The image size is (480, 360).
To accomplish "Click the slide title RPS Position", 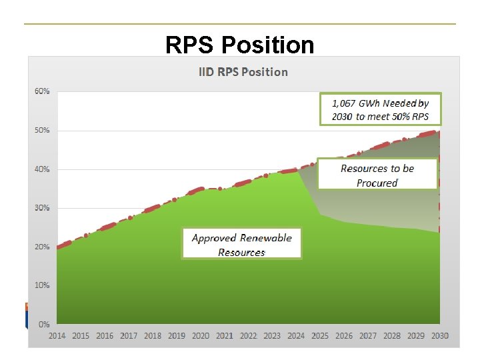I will click(x=240, y=45).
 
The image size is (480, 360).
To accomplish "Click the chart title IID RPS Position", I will click(x=243, y=72).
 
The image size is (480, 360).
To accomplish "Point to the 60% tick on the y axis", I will click(x=42, y=91).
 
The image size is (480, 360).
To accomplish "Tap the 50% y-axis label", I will click(x=42, y=130).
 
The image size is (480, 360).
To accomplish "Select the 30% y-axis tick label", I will click(x=42, y=208).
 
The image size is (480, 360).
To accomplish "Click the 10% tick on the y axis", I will click(x=42, y=285).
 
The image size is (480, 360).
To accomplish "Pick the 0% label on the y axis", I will click(x=44, y=324).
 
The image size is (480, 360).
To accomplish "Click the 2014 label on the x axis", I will click(x=57, y=336).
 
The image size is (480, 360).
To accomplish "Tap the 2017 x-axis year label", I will click(x=129, y=336).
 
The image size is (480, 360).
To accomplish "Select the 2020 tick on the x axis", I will click(x=201, y=336).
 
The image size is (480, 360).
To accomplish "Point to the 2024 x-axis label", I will click(x=296, y=336).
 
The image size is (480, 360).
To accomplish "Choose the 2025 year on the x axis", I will click(x=320, y=336).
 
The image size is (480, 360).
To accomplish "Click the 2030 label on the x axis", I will click(x=439, y=336).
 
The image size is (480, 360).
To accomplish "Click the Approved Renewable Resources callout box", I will click(x=241, y=244).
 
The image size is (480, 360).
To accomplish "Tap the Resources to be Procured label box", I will click(x=377, y=175).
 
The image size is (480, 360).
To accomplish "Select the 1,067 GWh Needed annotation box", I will click(x=380, y=109).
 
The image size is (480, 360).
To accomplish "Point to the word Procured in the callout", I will click(x=377, y=183).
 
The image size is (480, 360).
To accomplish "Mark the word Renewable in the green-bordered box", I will click(x=266, y=238).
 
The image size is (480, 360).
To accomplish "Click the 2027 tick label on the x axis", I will click(x=368, y=336).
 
